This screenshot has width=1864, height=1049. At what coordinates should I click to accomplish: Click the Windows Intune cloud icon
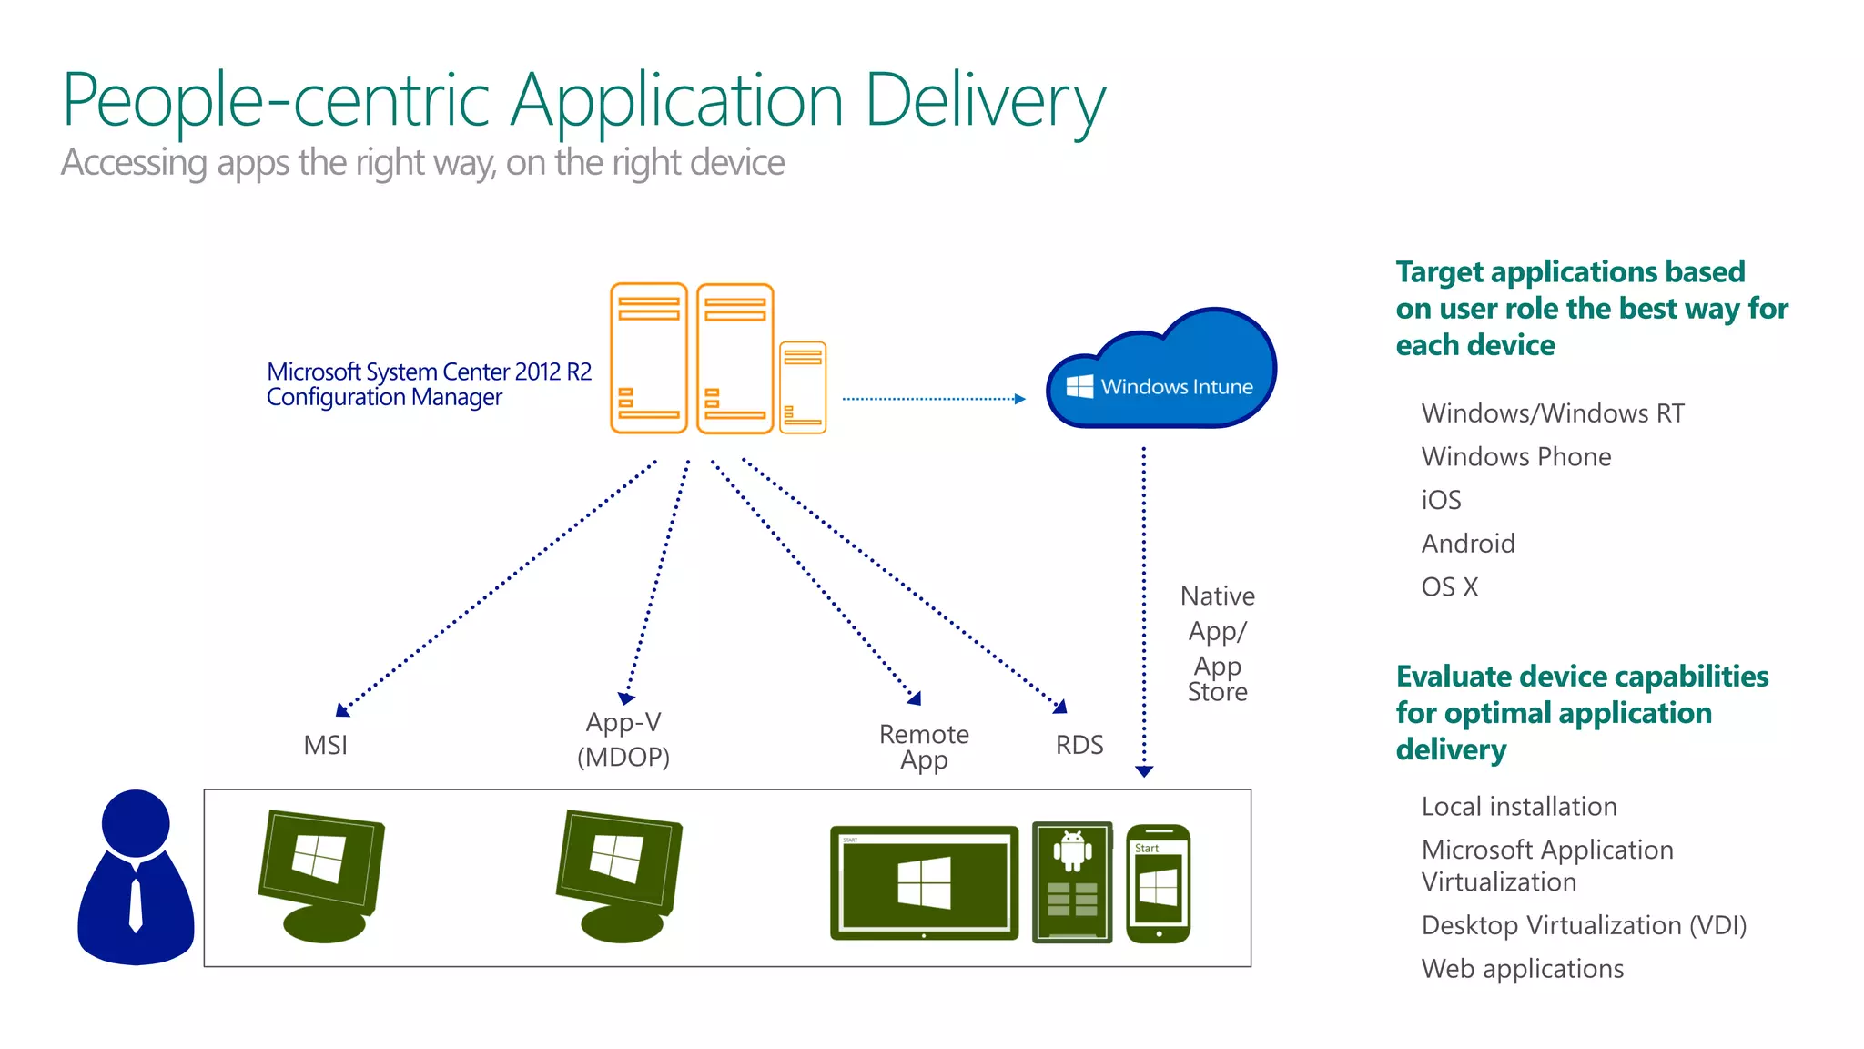1161,373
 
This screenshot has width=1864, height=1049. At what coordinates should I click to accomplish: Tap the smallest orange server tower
803,388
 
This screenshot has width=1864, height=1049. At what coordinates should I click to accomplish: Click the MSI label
326,745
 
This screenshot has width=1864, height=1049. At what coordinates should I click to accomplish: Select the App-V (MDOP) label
623,739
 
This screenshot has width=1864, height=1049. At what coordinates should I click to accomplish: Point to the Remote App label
924,747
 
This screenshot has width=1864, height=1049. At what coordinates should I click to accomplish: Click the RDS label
1079,745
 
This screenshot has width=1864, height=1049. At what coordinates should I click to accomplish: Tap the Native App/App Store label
1217,643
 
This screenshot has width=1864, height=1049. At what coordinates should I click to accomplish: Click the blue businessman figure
136,878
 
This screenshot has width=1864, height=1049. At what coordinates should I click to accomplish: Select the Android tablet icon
1072,881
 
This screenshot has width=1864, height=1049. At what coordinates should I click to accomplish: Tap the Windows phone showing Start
1158,883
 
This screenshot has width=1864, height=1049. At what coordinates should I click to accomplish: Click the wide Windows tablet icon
924,882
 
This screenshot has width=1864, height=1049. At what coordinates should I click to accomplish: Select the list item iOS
1441,500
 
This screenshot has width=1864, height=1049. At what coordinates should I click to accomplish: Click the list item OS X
1449,587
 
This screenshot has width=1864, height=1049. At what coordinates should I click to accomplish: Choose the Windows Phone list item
1515,456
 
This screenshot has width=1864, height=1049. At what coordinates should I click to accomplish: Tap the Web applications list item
1522,969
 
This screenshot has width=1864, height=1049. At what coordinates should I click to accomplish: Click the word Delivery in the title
984,100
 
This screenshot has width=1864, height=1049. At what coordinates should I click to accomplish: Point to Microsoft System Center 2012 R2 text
429,372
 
